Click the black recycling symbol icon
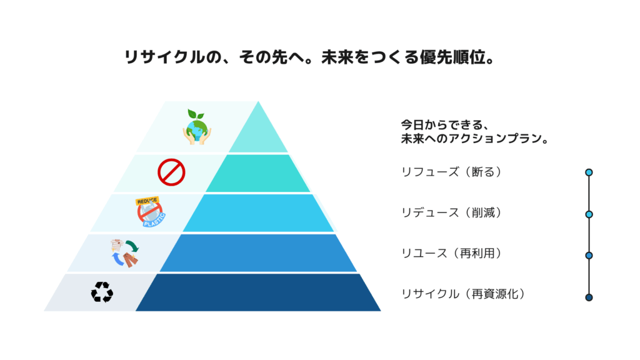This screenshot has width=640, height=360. pos(102,292)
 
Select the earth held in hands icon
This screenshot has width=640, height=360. pos(197,127)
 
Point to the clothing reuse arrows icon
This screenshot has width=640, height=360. pos(124,253)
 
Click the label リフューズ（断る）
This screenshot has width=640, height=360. pos(451,172)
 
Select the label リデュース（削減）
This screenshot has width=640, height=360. pos(451,212)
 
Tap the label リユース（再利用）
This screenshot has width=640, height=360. pos(451,253)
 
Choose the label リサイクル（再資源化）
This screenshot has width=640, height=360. pos(463,294)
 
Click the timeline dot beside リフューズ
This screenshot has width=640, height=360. pos(589,172)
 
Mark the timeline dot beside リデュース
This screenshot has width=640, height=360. pos(589,214)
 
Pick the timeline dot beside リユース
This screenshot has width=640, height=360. pos(589,256)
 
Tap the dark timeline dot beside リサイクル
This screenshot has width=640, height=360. pos(589,297)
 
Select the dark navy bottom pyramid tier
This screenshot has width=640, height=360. pos(258,292)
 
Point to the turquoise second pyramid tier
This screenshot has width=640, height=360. pos(258,173)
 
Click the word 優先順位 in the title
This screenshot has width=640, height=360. pos(452,57)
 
